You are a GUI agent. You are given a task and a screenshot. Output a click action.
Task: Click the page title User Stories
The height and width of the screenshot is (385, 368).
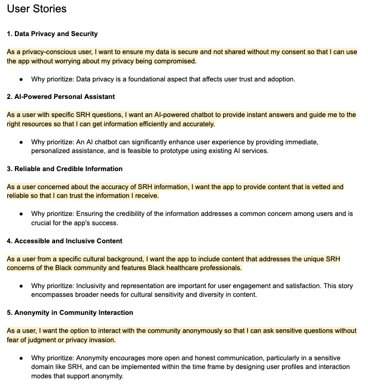tap(37, 9)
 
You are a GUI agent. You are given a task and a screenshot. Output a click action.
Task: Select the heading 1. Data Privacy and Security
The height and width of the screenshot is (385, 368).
tap(52, 34)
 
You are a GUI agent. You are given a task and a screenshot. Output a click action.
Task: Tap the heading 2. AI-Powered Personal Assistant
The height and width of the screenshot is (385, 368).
tap(61, 97)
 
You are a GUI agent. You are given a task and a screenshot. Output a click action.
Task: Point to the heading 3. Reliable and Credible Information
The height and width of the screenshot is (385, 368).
tap(65, 169)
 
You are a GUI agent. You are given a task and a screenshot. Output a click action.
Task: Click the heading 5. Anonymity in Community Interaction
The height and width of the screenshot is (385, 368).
tap(70, 313)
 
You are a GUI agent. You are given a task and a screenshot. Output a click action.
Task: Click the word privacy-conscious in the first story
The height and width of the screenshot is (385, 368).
tap(48, 52)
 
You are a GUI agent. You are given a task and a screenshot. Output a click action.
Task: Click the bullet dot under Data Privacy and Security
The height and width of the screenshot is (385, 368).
tap(21, 79)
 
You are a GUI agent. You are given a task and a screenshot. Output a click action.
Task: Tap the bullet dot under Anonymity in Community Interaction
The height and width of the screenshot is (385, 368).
tap(21, 358)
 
